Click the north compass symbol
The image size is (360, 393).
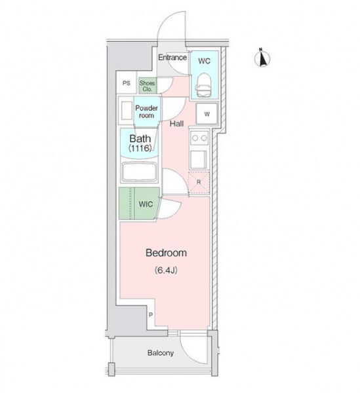point(262,58)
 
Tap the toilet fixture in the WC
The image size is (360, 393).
point(203,84)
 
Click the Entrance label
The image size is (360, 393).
point(172,58)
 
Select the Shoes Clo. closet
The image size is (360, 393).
point(148,86)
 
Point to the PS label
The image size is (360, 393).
point(127,83)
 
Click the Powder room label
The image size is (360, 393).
point(146,112)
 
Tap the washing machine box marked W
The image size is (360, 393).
point(207,114)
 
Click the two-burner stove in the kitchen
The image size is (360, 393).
point(199,138)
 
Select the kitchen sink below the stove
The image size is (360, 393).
point(199,160)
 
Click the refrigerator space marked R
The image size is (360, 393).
point(199,182)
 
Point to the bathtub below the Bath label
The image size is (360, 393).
point(140,172)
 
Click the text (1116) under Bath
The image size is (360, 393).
point(140,149)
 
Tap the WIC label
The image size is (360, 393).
point(146,204)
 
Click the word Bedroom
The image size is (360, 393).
point(166,253)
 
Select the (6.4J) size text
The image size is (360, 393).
point(166,270)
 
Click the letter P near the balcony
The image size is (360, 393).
point(151,315)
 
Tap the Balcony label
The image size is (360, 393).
point(161,353)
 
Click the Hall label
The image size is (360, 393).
point(176,124)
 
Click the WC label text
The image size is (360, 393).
point(204,61)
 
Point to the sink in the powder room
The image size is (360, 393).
point(127,111)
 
